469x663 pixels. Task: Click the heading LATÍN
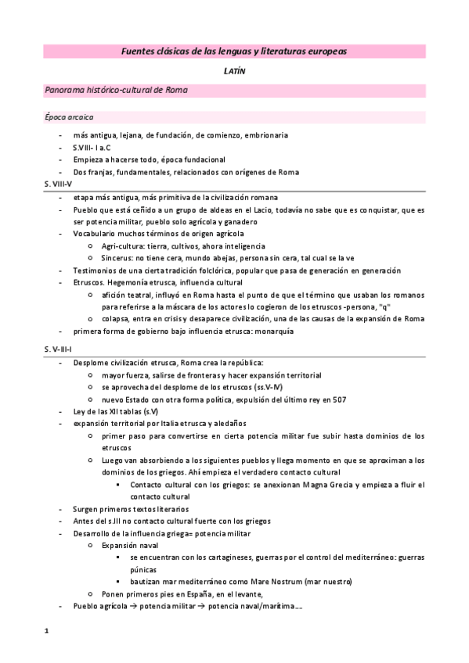point(233,71)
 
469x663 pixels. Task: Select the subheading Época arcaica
point(70,118)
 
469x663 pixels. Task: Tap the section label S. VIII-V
point(60,182)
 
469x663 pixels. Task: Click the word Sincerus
point(116,256)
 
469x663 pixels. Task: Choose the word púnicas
point(145,570)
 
